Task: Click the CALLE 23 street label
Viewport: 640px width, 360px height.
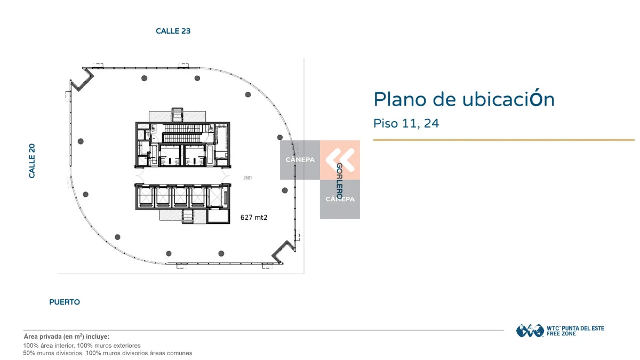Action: tap(173, 31)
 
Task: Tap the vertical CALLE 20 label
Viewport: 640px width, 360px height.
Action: tap(31, 161)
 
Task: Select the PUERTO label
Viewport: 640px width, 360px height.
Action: tap(65, 302)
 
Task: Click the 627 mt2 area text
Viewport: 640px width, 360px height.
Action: tap(254, 218)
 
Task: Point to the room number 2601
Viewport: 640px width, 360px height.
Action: tap(247, 178)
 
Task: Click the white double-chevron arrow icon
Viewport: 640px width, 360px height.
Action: tap(340, 160)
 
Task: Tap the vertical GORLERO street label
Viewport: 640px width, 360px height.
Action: tap(339, 181)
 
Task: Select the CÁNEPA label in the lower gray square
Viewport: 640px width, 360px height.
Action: tap(340, 199)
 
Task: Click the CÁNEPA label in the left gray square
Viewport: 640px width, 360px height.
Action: tap(300, 159)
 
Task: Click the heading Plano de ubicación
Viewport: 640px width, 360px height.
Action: tap(464, 99)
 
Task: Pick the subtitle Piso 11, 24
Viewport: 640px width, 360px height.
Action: tap(406, 123)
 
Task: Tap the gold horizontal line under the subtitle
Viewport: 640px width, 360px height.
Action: tap(503, 140)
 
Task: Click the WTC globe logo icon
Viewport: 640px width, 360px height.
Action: tap(530, 331)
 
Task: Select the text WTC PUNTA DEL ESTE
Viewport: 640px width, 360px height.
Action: tap(575, 329)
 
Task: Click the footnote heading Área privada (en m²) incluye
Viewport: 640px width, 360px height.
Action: tap(67, 337)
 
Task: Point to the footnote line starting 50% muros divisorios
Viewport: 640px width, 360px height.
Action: tap(107, 353)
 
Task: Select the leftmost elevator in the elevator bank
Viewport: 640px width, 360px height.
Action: tap(146, 197)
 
